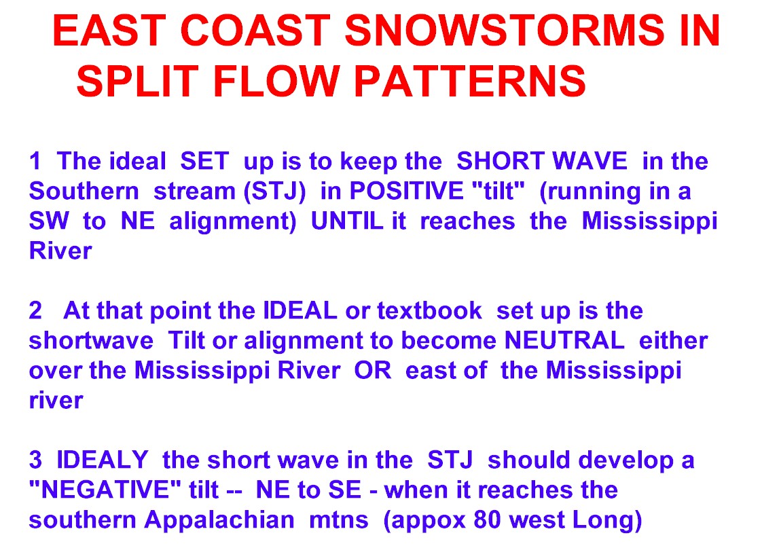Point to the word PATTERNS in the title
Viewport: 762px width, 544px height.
pos(470,81)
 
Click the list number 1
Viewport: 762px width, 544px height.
pos(35,161)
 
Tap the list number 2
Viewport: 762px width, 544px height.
pos(35,310)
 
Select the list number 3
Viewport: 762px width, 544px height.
pos(35,459)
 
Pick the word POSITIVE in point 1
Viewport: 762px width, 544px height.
pos(406,191)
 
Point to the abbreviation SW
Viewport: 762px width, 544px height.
pos(49,221)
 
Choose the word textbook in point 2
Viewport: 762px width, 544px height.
pos(430,310)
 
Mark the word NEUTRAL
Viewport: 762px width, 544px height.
pos(564,340)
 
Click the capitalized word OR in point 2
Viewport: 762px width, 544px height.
pos(372,370)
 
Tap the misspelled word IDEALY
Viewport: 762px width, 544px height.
pos(102,459)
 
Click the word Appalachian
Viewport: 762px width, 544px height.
pos(219,520)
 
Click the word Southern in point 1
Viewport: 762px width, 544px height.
pos(84,191)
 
